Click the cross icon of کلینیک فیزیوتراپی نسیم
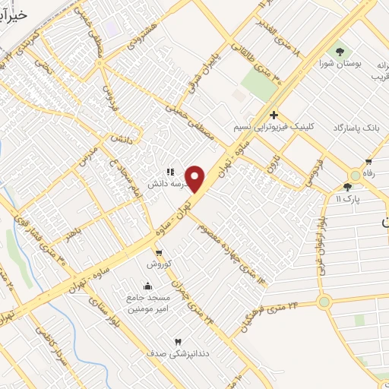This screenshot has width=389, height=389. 273,115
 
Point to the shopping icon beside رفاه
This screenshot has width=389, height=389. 369,161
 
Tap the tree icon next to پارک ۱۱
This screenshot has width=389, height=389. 347,186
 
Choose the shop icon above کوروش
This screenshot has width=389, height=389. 159,253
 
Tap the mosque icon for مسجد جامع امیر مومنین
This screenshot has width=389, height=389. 146,286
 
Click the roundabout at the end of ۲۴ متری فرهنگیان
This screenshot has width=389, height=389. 324,302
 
